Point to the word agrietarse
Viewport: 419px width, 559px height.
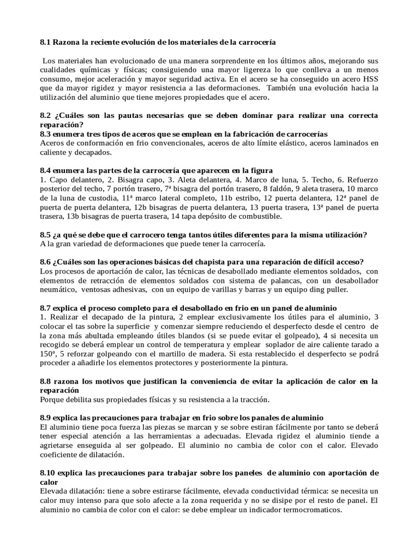[x=59, y=445]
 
